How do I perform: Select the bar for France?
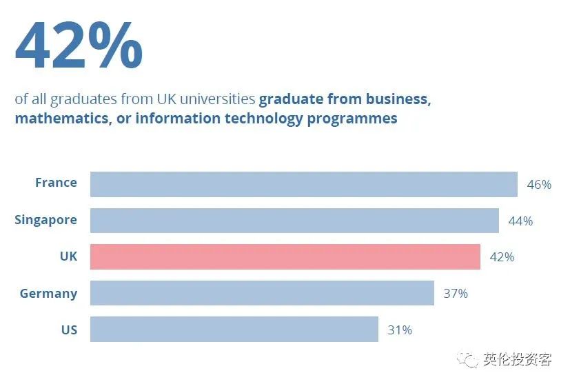tap(303, 184)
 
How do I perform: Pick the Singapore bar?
tap(294, 221)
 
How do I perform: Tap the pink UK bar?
tap(285, 257)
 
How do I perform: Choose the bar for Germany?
tap(262, 293)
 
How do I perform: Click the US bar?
tap(234, 330)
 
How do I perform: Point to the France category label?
tap(56, 183)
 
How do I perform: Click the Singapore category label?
tap(45, 220)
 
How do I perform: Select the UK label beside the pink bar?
tap(68, 256)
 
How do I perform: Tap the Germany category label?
tap(48, 294)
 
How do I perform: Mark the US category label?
tap(69, 330)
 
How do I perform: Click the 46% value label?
tap(539, 185)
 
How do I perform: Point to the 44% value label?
tap(520, 221)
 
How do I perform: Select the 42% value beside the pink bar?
tap(502, 257)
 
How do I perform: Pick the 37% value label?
tap(456, 294)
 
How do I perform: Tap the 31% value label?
tap(400, 330)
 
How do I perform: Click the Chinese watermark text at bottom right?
tap(517, 360)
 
